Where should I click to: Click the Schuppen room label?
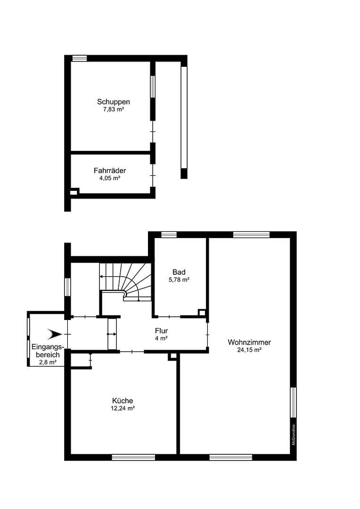tap(114, 101)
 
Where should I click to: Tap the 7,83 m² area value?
tap(114, 109)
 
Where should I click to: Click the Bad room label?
tap(179, 272)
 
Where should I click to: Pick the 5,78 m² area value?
tap(179, 280)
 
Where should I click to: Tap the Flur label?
tap(161, 331)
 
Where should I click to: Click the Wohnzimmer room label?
tap(249, 342)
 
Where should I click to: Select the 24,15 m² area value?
tap(249, 350)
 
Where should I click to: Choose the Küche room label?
tap(122, 401)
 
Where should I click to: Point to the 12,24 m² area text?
tap(122, 409)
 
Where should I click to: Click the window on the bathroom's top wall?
tap(169, 234)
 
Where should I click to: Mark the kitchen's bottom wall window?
tap(133, 457)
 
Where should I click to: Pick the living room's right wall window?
tap(293, 402)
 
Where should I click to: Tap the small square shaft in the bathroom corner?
tap(202, 312)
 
